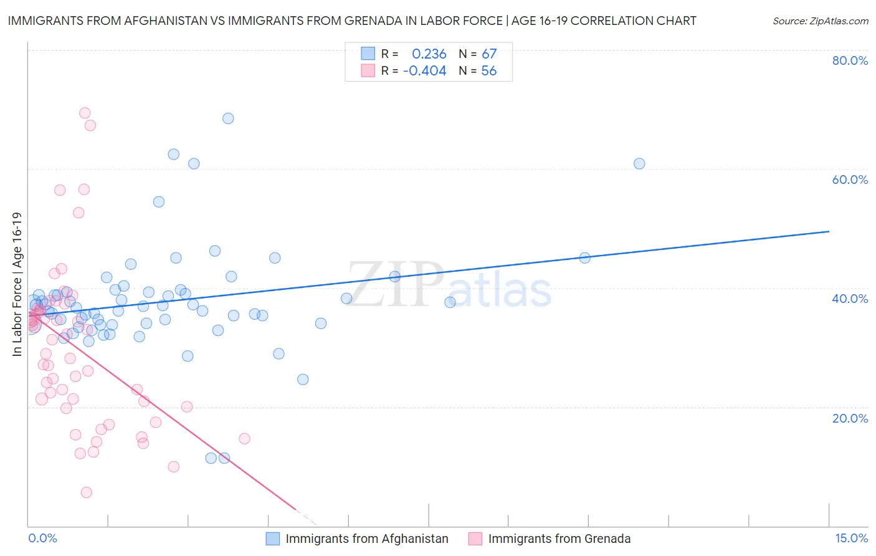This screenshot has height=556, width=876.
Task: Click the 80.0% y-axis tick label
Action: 850,60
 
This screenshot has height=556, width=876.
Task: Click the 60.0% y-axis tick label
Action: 850,180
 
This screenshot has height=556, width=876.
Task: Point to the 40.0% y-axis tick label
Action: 850,299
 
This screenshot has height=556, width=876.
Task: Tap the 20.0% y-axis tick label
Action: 850,418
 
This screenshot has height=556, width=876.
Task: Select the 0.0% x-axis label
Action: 42,538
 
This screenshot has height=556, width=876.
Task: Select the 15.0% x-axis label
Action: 851,538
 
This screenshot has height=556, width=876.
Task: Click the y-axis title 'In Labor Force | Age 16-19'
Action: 17,284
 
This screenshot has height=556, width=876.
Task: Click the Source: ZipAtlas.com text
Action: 820,21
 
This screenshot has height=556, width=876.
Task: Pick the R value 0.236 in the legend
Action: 429,54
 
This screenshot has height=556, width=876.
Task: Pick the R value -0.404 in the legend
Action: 424,71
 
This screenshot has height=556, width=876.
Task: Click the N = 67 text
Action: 477,54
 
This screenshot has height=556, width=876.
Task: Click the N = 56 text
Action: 477,71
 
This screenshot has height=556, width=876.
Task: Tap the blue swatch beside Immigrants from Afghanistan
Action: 273,539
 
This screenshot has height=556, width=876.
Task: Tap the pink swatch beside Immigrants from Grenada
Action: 475,539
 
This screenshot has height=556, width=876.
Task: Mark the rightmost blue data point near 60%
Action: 639,164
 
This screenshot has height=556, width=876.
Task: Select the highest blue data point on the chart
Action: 228,118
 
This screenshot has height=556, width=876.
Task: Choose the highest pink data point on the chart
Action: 85,113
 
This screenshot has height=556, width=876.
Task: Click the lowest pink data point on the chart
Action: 87,492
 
